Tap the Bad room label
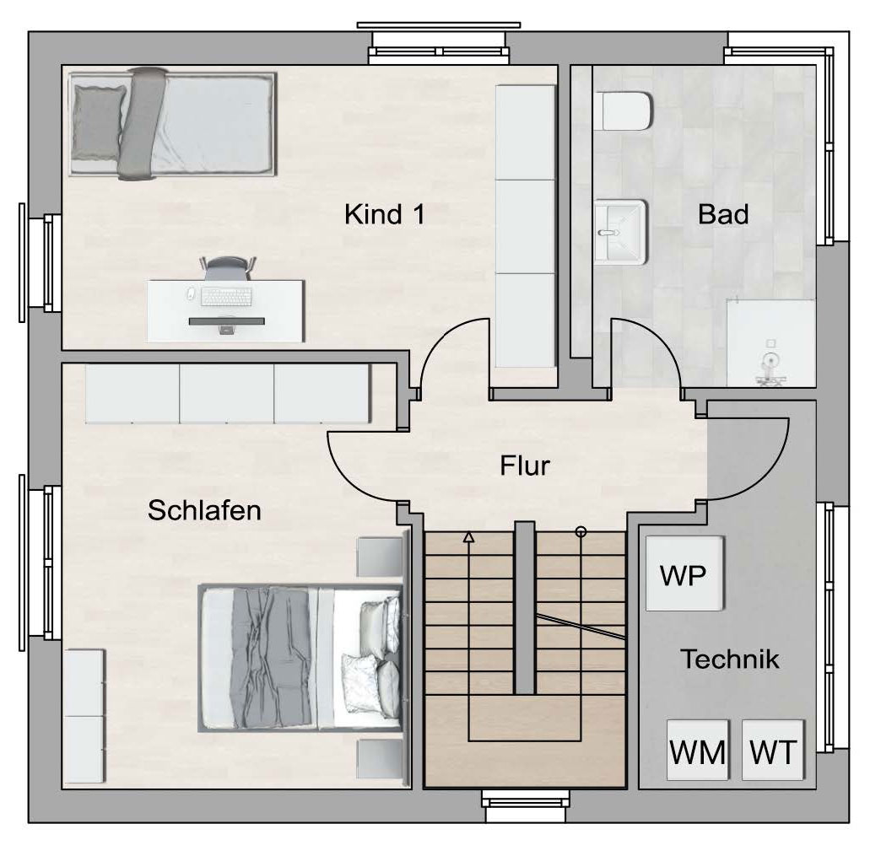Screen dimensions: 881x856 (x=723, y=214)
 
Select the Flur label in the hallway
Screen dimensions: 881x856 (x=525, y=466)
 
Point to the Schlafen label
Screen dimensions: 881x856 (x=204, y=510)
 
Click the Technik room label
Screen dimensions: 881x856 (x=730, y=659)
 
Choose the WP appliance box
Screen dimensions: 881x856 (x=684, y=573)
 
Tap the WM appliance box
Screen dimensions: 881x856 (x=697, y=751)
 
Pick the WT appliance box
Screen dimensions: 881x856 (x=773, y=751)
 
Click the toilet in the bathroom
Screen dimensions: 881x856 (x=623, y=110)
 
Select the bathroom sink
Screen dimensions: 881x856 (x=621, y=231)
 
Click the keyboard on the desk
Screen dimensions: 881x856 (x=226, y=297)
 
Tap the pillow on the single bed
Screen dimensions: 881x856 (x=98, y=122)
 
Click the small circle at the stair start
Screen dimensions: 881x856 (x=581, y=531)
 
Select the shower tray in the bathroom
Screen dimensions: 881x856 (x=770, y=344)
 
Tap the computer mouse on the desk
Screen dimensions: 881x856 (x=191, y=293)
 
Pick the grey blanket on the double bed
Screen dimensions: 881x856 (x=272, y=657)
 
